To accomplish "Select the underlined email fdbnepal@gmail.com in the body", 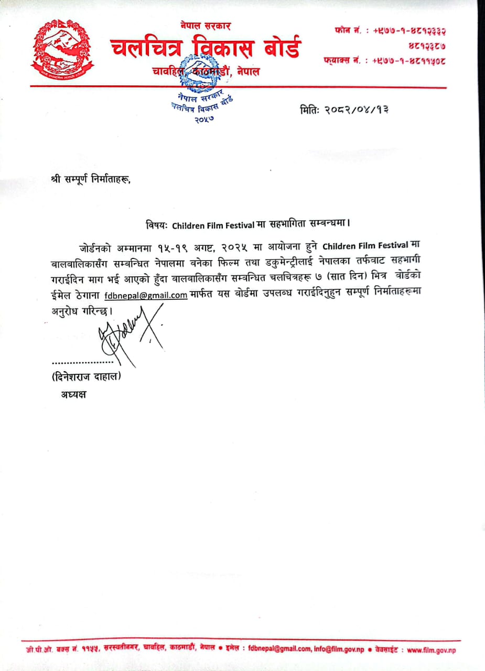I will (x=146, y=295).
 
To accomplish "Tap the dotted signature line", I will (x=82, y=362).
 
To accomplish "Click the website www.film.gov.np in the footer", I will (x=432, y=650).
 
